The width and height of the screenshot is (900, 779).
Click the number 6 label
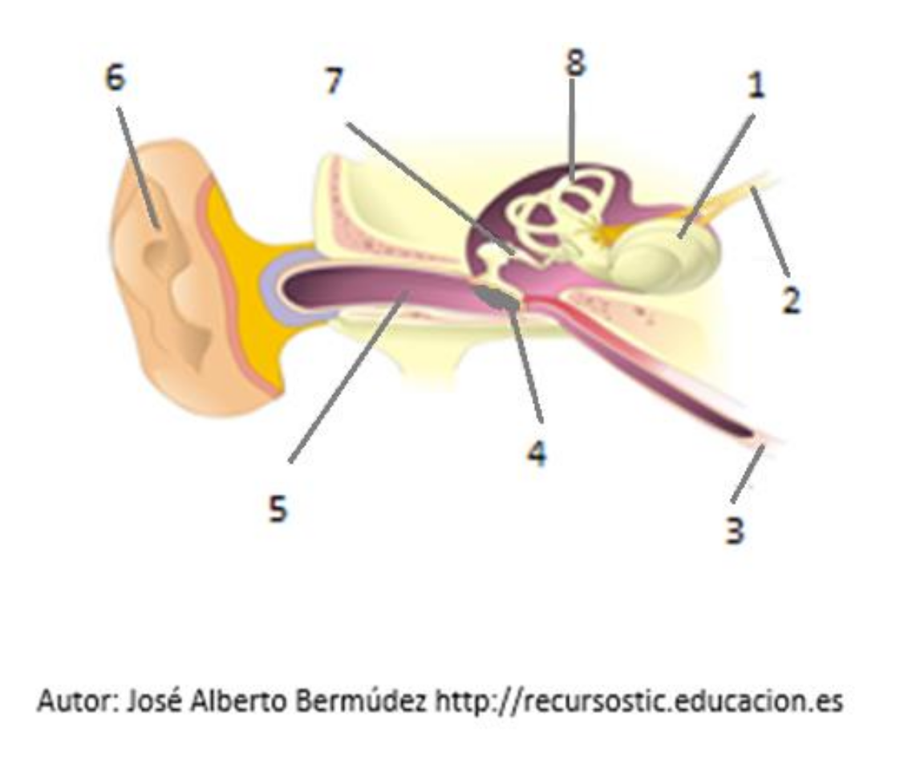(116, 78)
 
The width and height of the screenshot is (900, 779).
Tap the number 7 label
(334, 81)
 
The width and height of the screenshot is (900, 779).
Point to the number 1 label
(756, 86)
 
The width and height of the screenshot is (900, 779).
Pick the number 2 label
(791, 300)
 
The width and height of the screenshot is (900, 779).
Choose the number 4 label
(537, 453)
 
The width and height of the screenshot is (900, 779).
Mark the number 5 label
(278, 508)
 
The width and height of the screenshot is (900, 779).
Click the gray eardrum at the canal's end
(497, 298)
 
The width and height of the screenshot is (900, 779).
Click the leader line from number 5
(348, 376)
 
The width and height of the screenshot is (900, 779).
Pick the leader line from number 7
(432, 188)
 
